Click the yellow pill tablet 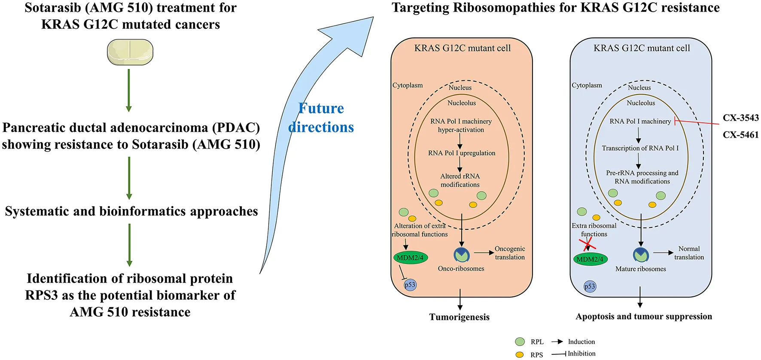tap(130, 52)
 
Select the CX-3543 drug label tap(740, 118)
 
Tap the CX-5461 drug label tap(740, 135)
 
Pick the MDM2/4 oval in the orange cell tap(410, 258)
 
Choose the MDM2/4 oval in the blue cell tap(590, 259)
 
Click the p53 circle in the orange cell tap(410, 285)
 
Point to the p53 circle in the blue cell tap(590, 287)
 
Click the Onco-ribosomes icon tap(462, 255)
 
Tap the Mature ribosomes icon tap(641, 255)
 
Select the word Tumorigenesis tap(459, 317)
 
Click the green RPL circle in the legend tap(520, 342)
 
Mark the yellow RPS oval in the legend tap(520, 354)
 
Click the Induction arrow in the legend tap(557, 342)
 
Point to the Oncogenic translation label tap(510, 253)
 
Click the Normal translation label tap(689, 253)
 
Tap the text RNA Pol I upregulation tap(462, 153)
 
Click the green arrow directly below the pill tap(129, 90)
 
